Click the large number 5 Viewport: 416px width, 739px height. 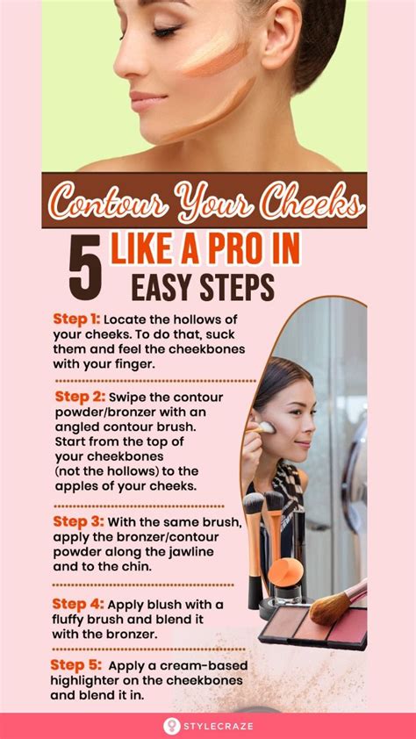(85, 267)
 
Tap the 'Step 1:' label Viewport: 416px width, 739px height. (75, 319)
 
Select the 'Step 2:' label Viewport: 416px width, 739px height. (78, 397)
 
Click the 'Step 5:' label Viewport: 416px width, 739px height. (75, 665)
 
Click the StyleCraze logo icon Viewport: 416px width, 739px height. (171, 726)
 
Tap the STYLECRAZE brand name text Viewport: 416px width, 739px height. (219, 727)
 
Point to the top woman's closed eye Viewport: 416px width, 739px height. (166, 32)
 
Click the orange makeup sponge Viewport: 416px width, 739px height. (285, 571)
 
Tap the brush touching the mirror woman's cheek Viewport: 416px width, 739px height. (259, 429)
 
